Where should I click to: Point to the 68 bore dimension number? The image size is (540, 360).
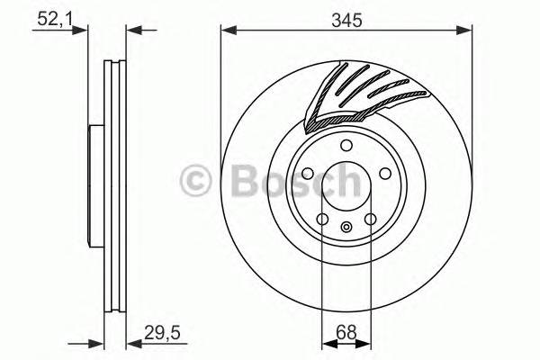pyautogui.click(x=346, y=329)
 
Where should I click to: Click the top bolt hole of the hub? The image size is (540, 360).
pyautogui.click(x=346, y=148)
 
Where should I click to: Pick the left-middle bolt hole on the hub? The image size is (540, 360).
pyautogui.click(x=306, y=175)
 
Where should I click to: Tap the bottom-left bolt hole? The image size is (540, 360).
pyautogui.click(x=322, y=219)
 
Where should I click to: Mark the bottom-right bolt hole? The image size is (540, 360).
pyautogui.click(x=370, y=219)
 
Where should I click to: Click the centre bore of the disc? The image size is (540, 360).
pyautogui.click(x=346, y=184)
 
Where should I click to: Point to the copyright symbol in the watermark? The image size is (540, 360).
pyautogui.click(x=197, y=180)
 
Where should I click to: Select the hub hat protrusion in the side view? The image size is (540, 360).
pyautogui.click(x=94, y=184)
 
